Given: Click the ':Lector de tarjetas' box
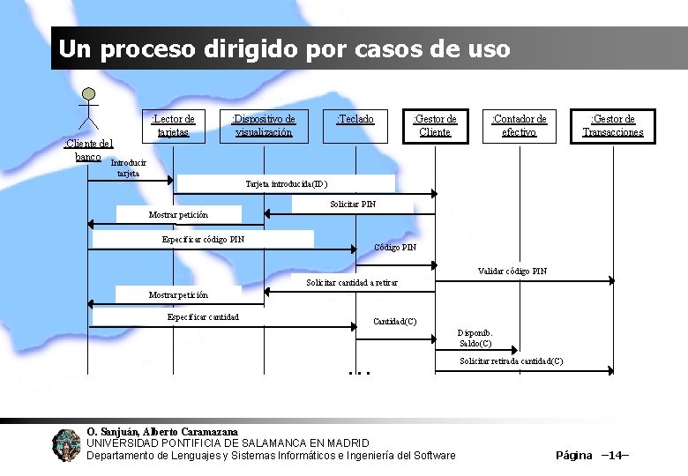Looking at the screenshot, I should tap(173, 125).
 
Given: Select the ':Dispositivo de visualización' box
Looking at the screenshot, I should tap(264, 125).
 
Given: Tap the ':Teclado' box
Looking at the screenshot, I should tap(355, 124).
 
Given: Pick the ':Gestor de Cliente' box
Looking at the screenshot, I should tap(435, 125).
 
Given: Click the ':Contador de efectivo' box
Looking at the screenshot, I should tap(519, 125).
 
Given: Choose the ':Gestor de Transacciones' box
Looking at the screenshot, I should tap(613, 125).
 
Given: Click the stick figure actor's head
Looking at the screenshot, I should tap(87, 95).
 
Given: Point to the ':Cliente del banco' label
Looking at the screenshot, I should tap(88, 150).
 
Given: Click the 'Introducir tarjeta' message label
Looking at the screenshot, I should tap(127, 167).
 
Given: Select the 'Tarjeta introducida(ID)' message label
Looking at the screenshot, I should tap(286, 184).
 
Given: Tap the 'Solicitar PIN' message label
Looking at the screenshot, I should tap(353, 205).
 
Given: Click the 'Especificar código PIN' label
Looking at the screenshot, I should tap(204, 239).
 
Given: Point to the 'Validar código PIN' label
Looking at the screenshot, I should tap(512, 271).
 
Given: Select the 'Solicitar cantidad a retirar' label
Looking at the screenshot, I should tap(352, 282).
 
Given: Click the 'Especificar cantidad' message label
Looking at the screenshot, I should tap(203, 316).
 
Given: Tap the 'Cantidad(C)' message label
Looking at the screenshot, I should tap(395, 321).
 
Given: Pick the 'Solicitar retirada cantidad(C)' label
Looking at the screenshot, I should tap(512, 361).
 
